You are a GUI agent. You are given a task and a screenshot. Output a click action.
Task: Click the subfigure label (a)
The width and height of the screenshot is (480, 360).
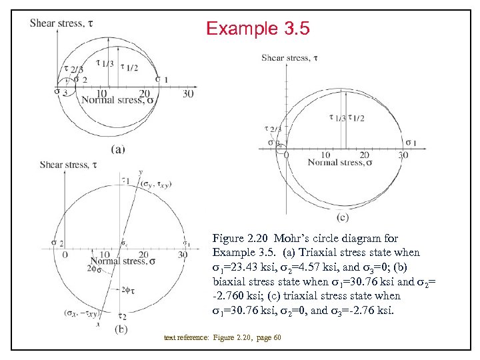(x=117, y=149)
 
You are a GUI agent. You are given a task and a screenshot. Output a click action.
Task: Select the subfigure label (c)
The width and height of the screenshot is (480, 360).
(x=343, y=217)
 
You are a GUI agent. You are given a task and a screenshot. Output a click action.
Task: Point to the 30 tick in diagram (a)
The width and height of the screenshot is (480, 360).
(x=188, y=94)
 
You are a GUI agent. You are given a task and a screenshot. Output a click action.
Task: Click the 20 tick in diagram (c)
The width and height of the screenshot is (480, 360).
(x=365, y=155)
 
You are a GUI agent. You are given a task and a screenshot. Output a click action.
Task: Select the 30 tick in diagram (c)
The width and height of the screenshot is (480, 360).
(x=403, y=155)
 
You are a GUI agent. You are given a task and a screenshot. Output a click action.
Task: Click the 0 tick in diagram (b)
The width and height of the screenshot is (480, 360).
(x=64, y=254)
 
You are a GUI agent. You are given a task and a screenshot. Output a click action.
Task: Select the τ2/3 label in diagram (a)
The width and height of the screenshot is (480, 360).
(x=73, y=69)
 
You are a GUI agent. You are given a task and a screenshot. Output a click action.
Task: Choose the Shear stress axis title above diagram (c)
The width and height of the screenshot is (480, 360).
(x=290, y=58)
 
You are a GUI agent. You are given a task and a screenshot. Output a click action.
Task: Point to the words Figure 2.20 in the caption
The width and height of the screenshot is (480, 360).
(x=235, y=238)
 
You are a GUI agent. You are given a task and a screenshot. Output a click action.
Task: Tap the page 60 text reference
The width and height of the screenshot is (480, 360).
(x=268, y=337)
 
